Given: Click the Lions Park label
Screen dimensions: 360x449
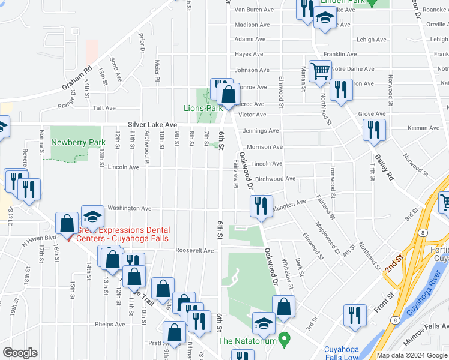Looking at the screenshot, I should (x=203, y=108).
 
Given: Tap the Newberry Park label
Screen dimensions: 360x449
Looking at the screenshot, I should (x=74, y=142).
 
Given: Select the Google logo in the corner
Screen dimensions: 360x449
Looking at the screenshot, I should (x=20, y=353).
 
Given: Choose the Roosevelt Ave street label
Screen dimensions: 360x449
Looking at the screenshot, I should (x=194, y=250).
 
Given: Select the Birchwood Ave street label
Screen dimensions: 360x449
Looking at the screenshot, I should (x=275, y=179).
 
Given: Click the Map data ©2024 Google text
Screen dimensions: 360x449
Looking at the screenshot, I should (x=412, y=355).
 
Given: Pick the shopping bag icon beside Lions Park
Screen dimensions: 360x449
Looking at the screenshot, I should (x=228, y=94).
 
